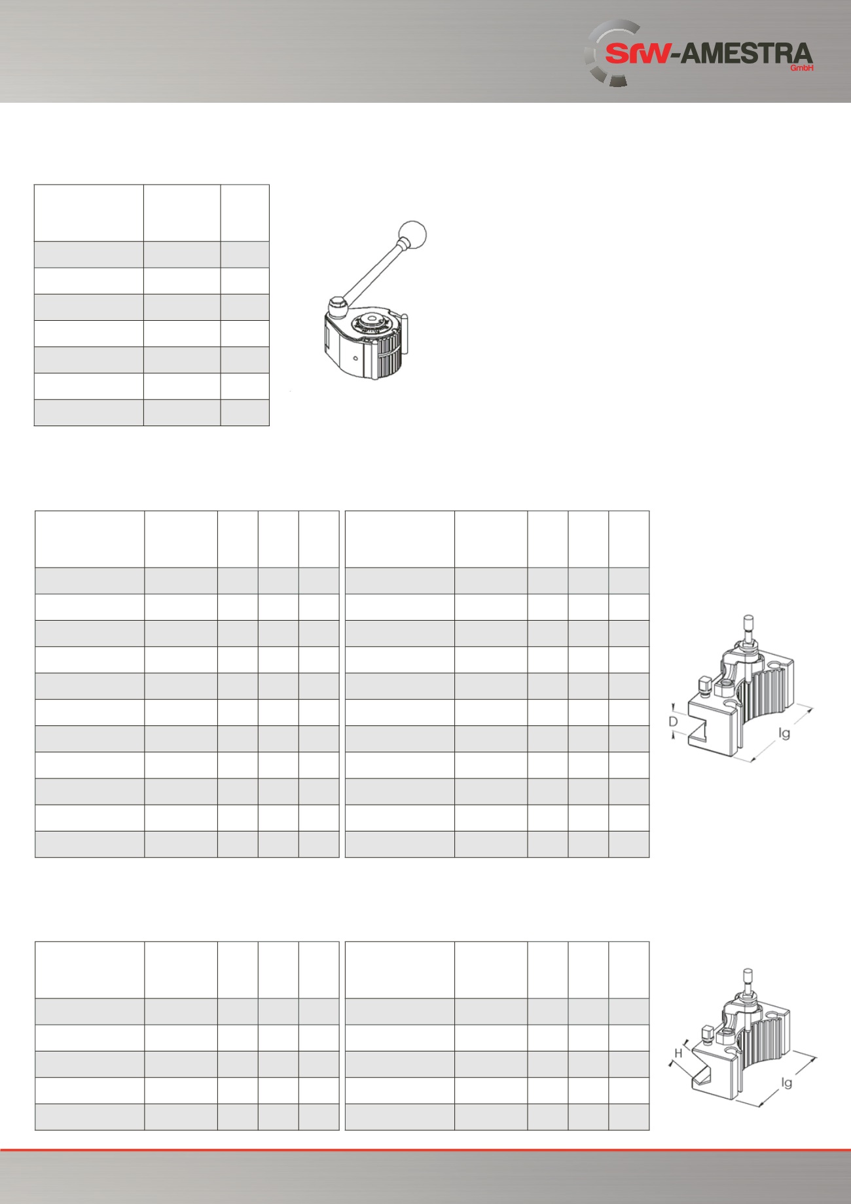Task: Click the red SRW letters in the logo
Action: [x=638, y=54]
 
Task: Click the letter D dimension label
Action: [x=673, y=721]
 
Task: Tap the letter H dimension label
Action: [x=679, y=1053]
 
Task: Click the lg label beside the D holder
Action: [x=784, y=733]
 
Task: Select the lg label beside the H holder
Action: [x=786, y=1082]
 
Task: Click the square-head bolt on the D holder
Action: [x=705, y=685]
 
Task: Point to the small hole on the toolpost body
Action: [x=354, y=358]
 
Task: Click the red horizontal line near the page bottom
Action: [x=425, y=1150]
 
